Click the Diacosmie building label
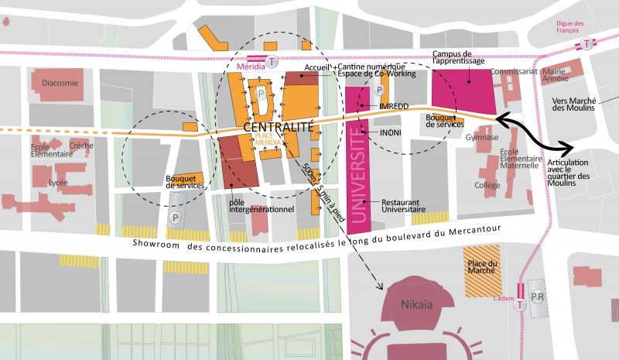[60, 84]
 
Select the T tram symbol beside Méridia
[271, 61]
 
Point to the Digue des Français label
[568, 26]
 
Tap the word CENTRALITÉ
[278, 125]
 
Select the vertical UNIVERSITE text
[357, 176]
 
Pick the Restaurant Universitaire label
[403, 205]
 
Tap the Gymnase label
[481, 137]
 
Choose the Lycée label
[57, 183]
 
